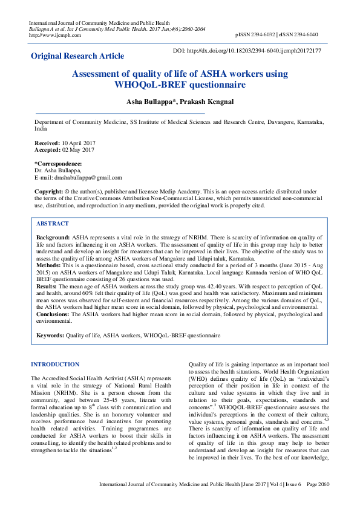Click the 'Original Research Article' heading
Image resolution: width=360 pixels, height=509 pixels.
click(x=77, y=56)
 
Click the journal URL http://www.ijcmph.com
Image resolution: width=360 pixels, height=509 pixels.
click(x=54, y=35)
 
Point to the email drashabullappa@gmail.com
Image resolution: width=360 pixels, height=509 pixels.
click(x=89, y=178)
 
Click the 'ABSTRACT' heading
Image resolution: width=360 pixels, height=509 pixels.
click(x=53, y=223)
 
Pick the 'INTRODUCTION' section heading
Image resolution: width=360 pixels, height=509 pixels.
click(x=55, y=365)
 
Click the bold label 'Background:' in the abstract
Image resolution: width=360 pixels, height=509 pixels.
click(x=53, y=238)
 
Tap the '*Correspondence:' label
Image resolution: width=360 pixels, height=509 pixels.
click(x=58, y=164)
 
